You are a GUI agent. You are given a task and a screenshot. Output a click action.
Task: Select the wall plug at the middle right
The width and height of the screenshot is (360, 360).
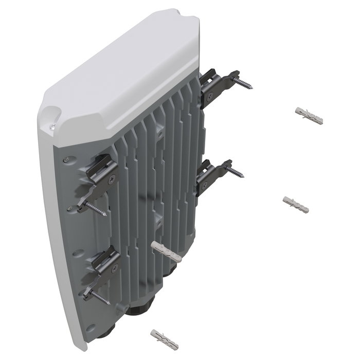coord(296,204)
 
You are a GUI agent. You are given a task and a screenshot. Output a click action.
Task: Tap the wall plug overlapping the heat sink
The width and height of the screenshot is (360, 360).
coord(167,251)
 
